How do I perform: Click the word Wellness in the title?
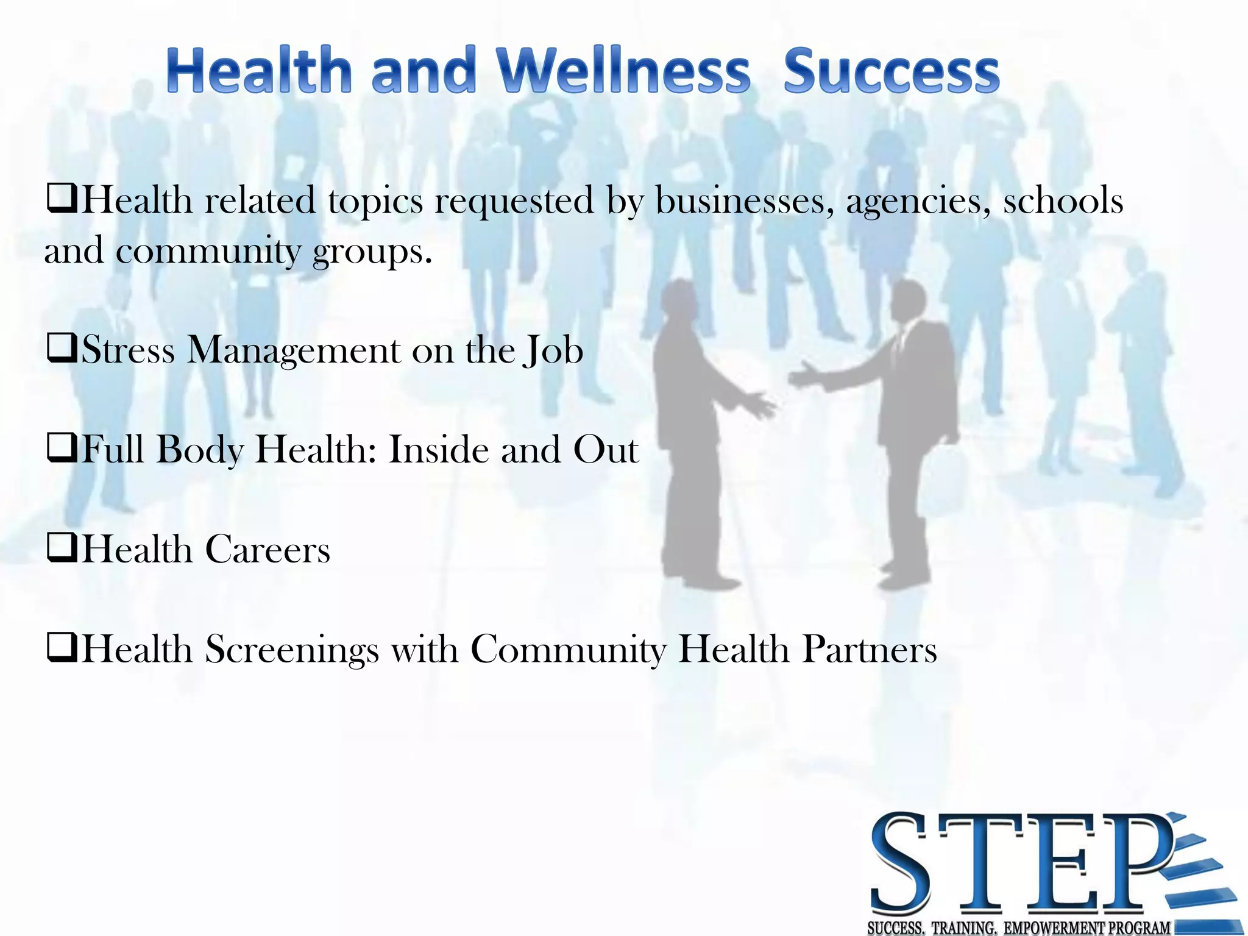623,72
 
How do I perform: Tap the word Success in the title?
891,72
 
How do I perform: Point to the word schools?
1063,200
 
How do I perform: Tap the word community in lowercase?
208,252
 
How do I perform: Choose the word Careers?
268,550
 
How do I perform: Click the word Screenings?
292,650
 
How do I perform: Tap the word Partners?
869,649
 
